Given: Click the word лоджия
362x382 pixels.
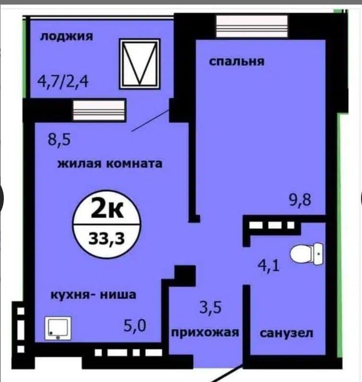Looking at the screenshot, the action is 66,37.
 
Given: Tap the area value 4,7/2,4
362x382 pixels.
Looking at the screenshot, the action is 63,81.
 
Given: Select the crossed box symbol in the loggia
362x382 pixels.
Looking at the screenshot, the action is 140,64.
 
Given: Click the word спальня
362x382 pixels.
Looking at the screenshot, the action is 237,62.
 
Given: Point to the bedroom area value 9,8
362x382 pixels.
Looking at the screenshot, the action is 300,200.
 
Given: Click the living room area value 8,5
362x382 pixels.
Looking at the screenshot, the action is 59,140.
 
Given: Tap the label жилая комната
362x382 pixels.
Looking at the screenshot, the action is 110,163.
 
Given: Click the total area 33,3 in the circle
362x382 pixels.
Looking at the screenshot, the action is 107,238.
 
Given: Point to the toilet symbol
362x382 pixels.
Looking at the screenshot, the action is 306,254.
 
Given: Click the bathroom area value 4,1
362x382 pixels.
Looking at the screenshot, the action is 269,266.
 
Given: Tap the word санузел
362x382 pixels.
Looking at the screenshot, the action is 287,333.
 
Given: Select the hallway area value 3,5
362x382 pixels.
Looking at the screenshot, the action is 211,307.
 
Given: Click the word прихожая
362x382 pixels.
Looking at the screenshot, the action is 205,333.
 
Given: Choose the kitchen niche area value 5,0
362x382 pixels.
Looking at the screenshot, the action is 134,325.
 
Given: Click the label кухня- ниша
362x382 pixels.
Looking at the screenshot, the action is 93,295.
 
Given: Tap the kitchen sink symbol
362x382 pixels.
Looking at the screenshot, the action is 58,328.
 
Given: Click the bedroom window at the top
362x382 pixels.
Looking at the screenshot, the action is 252,26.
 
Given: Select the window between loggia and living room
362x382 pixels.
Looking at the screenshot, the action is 99,111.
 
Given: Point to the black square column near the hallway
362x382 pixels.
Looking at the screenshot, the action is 186,275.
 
